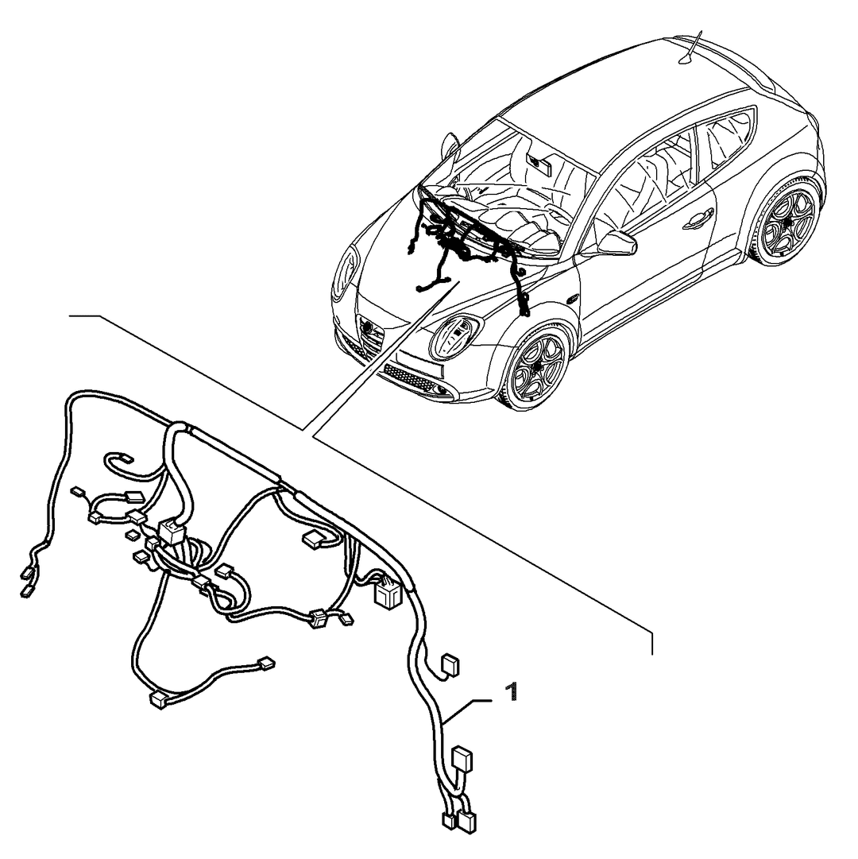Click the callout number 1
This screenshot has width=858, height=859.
pos(512,691)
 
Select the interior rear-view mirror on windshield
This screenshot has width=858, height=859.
pos(540,163)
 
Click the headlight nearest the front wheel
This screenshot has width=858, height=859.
pos(455,335)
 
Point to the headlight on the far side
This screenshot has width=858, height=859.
pos(344,273)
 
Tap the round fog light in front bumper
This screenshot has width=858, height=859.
pos(442,389)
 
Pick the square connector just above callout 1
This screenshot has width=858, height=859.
pos(450,666)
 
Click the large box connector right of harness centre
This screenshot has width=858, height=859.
pos(388,594)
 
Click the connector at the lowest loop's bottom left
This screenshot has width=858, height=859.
pos(157,701)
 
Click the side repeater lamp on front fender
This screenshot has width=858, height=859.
pos(574,299)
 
